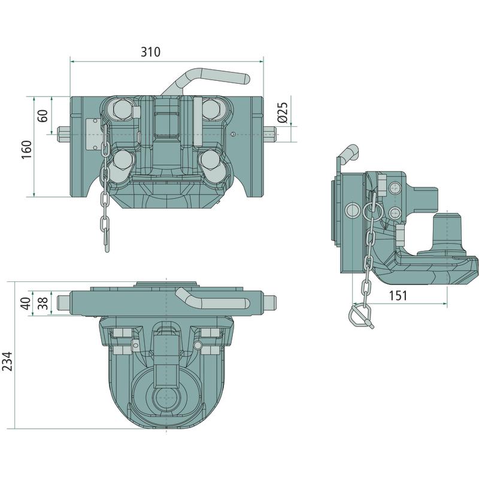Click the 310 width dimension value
(x=150, y=52)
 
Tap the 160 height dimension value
(x=27, y=149)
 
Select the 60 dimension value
(x=43, y=116)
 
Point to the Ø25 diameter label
(x=283, y=113)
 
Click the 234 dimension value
(x=7, y=361)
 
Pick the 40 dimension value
(x=26, y=304)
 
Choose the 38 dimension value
(x=43, y=304)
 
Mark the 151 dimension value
(x=398, y=295)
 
